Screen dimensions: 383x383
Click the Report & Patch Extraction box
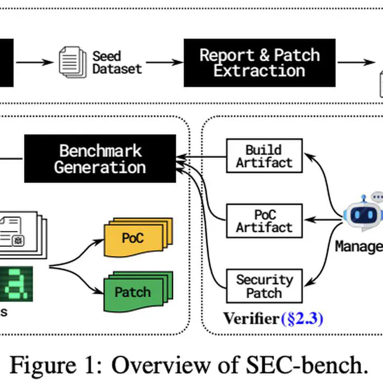[x=260, y=63]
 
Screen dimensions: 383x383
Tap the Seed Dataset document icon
[x=73, y=62]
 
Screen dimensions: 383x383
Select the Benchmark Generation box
[x=100, y=158]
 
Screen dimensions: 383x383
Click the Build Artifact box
[x=264, y=156]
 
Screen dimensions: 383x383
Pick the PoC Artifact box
[x=264, y=220]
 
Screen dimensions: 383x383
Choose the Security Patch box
[x=264, y=286]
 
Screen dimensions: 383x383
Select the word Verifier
[x=250, y=319]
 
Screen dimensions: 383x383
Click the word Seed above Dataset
[x=106, y=56]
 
